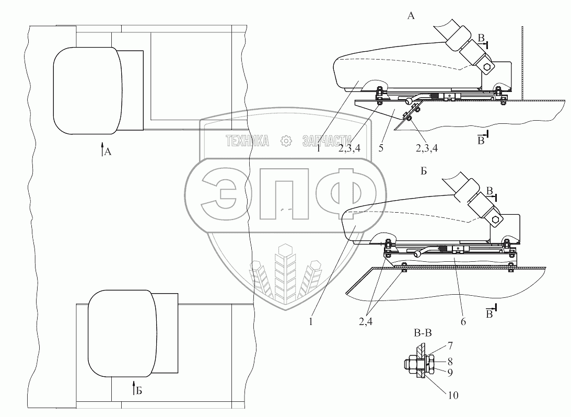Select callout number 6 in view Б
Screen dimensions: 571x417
(x=463, y=322)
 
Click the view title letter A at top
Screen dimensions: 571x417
(x=411, y=16)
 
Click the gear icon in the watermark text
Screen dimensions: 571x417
(x=285, y=140)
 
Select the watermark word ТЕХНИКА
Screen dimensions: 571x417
(x=247, y=140)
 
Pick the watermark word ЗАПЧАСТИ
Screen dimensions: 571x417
(x=327, y=140)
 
